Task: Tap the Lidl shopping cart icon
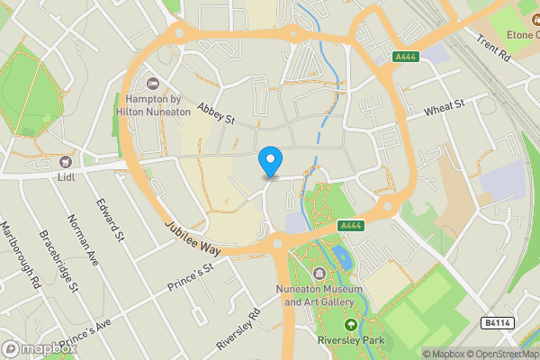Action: pos(66,161)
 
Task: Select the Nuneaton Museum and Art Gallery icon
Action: pos(319,274)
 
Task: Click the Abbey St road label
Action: pos(216,112)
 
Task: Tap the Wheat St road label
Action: pos(445,109)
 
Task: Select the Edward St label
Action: pos(111,220)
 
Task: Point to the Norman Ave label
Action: pos(82,238)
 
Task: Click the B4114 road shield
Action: pos(495,322)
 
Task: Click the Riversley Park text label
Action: pos(352,342)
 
